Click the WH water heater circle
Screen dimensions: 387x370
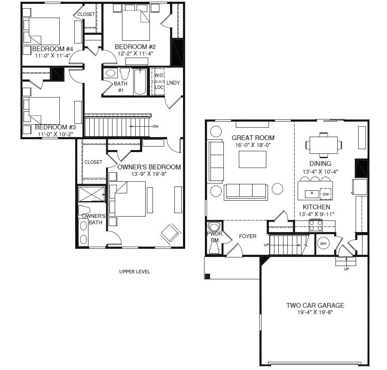[323, 244]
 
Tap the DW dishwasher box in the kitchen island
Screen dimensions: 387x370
[326, 194]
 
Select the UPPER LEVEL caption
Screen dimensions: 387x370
[134, 272]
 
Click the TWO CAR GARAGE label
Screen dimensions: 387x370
[315, 305]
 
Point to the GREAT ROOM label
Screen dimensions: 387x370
[253, 138]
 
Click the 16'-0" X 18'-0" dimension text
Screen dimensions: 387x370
[253, 145]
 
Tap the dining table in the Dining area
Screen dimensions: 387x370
[323, 145]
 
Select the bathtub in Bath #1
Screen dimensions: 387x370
[140, 82]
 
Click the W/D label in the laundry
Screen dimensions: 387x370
[159, 75]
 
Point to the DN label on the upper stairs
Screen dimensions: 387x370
[155, 126]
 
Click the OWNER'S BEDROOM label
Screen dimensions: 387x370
[149, 167]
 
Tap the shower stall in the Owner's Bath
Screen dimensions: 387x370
[91, 194]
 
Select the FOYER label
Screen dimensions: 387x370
[247, 236]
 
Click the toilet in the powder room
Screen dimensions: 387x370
[214, 247]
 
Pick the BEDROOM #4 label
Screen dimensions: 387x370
[52, 49]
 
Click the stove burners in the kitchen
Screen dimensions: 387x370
[316, 225]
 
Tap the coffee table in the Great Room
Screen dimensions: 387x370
[253, 159]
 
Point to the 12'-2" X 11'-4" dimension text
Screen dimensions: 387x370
[135, 53]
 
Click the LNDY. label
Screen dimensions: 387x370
[174, 83]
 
